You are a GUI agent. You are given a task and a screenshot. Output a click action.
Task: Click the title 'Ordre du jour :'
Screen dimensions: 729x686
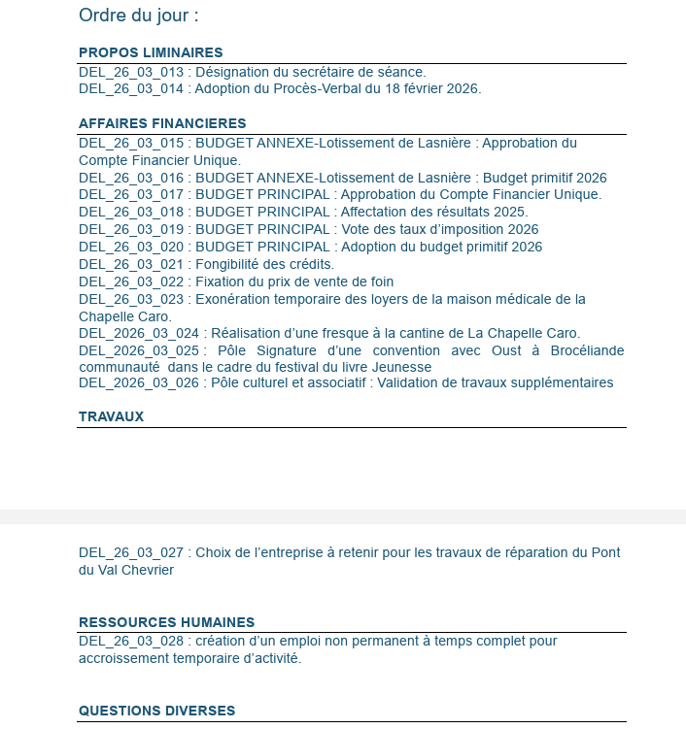(x=139, y=16)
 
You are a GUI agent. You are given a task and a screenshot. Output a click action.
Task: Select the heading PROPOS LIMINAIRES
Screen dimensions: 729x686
(x=151, y=52)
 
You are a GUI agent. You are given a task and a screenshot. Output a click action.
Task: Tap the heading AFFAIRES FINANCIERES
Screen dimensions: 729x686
(x=162, y=123)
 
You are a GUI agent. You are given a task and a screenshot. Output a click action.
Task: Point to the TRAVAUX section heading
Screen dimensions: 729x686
(x=111, y=416)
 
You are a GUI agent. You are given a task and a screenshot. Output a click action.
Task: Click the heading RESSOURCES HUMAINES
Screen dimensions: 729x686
(x=166, y=622)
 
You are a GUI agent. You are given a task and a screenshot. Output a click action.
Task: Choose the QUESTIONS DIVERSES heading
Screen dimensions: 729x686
(x=156, y=711)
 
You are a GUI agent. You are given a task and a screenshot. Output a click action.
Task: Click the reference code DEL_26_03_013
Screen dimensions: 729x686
(x=131, y=72)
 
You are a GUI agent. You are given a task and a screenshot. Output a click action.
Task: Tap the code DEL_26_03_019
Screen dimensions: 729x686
(x=131, y=229)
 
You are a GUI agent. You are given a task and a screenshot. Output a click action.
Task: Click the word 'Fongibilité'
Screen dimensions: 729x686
(x=233, y=264)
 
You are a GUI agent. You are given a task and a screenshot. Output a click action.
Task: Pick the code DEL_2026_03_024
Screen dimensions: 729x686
(x=139, y=333)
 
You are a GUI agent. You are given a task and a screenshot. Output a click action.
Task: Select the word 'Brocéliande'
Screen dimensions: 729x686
(x=581, y=350)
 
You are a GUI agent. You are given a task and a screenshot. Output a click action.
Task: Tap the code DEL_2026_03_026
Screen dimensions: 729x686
(x=139, y=382)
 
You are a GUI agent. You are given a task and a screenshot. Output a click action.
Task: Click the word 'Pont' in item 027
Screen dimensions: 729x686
(x=605, y=552)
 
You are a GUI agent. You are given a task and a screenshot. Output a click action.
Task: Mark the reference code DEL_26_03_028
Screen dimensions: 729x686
(x=131, y=642)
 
